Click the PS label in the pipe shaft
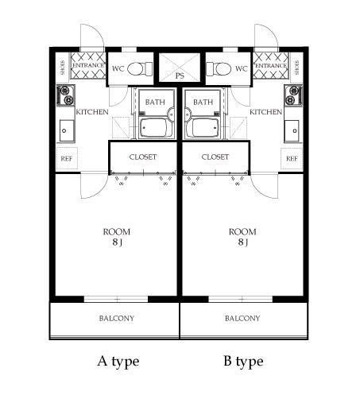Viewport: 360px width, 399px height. [x=180, y=76]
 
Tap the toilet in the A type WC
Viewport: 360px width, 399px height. [x=140, y=69]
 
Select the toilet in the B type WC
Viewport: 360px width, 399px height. [x=219, y=69]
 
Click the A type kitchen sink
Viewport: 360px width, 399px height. [x=67, y=130]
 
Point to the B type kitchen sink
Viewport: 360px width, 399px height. [x=292, y=130]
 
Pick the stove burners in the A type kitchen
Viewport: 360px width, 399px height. [x=66, y=95]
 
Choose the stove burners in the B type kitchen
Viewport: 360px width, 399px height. [x=293, y=95]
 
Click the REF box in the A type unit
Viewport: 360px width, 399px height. [x=67, y=158]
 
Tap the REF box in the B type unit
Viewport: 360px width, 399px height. [x=292, y=158]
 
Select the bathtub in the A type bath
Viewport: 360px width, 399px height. [x=153, y=128]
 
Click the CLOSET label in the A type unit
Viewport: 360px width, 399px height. [x=143, y=157]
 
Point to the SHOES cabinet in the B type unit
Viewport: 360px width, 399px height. [x=296, y=68]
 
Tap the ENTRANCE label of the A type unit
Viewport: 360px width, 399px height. [x=88, y=65]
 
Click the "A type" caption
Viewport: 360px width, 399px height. [x=118, y=362]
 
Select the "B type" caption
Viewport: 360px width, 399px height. [x=243, y=362]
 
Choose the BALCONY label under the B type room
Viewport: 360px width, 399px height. [x=242, y=318]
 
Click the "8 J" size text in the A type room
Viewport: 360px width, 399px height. [x=117, y=242]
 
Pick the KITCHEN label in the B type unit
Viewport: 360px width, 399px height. [x=265, y=112]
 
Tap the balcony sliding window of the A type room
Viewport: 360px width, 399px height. [x=116, y=299]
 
